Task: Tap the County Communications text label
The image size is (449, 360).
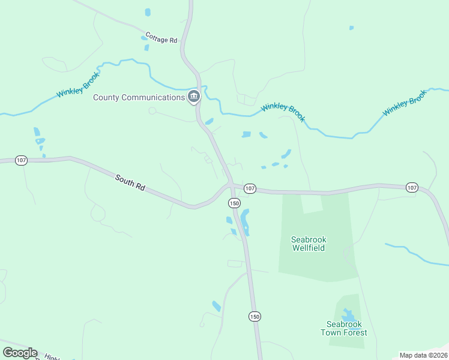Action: tap(138, 97)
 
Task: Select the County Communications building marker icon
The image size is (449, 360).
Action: tap(193, 97)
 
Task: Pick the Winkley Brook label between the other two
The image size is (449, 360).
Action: tap(283, 112)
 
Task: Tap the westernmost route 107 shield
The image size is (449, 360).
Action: tap(22, 161)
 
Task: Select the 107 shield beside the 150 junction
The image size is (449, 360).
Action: tap(250, 189)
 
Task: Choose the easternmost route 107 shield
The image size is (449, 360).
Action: tap(411, 188)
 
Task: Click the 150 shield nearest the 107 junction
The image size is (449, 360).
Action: tap(234, 203)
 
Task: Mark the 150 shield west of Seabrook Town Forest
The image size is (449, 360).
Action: tap(255, 316)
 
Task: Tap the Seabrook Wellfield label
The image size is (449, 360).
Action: tap(309, 243)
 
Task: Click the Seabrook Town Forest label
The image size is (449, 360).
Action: tap(343, 328)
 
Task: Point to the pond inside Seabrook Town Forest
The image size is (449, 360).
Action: tap(348, 315)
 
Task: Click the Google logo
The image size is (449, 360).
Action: tap(20, 353)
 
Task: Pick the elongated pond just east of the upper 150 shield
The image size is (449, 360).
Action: tap(246, 222)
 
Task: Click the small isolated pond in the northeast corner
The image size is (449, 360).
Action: tap(351, 28)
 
